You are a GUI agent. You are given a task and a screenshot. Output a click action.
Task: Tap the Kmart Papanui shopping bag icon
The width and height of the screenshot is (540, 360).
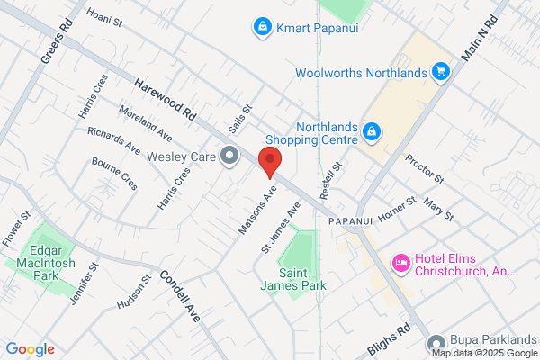262,28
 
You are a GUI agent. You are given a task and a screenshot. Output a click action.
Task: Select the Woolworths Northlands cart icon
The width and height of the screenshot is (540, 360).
440,70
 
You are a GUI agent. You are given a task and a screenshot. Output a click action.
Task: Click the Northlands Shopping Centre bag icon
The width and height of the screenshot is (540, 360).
371,133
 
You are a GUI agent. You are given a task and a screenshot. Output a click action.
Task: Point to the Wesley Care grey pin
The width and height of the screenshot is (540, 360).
229,157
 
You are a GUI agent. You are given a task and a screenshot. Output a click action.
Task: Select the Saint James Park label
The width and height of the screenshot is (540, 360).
301,279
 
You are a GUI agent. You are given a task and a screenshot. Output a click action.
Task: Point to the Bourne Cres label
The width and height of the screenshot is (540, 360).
114,173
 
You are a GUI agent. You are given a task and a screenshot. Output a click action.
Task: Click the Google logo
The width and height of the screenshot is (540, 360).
30,349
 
